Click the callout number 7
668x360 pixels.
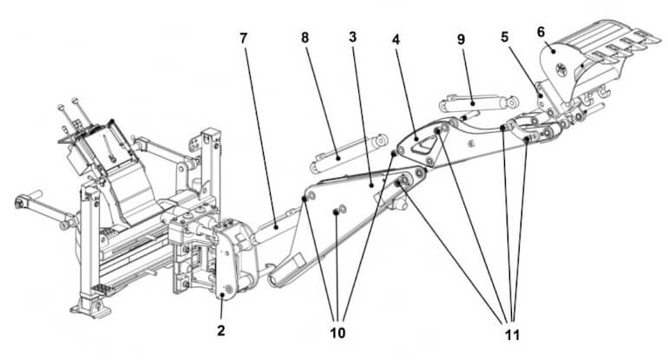243,38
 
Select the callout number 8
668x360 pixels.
305,37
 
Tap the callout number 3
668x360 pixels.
352,37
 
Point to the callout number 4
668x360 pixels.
396,40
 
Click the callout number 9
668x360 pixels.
461,39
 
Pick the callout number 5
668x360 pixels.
504,37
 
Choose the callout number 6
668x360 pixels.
541,32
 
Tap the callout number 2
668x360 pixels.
220,331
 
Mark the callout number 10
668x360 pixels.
337,333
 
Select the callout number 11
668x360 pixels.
513,335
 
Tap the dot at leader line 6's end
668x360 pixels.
553,51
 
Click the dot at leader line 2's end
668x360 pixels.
223,294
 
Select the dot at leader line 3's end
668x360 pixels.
372,186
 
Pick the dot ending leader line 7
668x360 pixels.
277,227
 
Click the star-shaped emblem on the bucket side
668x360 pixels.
562,70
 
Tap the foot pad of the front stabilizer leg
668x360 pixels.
90,309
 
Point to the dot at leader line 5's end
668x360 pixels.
540,96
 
